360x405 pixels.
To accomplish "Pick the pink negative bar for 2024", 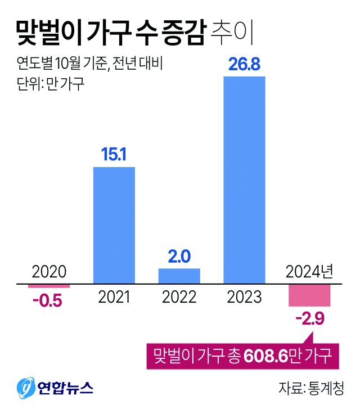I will (309, 295).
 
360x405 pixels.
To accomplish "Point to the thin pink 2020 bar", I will (49, 286).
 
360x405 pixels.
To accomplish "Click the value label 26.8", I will (244, 65).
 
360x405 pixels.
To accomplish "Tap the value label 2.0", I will (179, 257).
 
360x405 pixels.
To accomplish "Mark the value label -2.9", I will (310, 320).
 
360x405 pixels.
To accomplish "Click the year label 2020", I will (49, 272).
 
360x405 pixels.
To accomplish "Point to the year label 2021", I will (114, 297).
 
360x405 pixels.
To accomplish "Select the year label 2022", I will (179, 297).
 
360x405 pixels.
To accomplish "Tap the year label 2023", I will (244, 297).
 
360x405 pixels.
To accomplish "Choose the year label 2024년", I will (310, 272).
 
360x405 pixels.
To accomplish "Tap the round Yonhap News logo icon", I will (25, 387).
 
